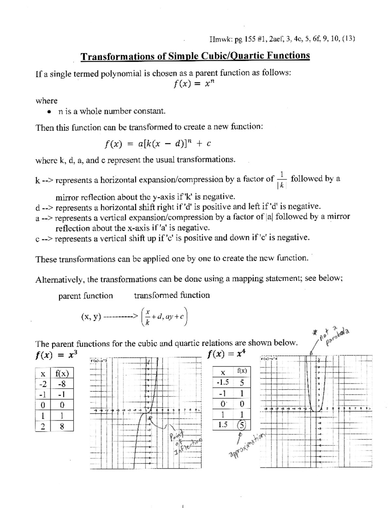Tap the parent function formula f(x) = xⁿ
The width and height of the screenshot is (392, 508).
point(194,84)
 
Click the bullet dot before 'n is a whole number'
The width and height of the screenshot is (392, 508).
point(49,112)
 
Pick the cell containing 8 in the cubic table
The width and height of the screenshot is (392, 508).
point(61,426)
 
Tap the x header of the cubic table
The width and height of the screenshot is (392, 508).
point(42,373)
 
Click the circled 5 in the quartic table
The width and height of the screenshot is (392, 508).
point(241,425)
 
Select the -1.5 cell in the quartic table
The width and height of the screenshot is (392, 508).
point(222,382)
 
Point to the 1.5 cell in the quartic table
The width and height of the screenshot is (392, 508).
point(222,425)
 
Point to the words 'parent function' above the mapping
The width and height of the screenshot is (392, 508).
point(85,296)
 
